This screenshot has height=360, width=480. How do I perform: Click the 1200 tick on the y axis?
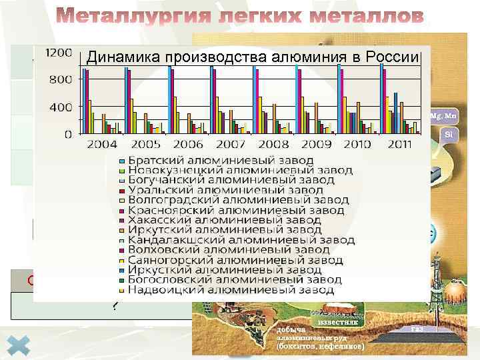58,52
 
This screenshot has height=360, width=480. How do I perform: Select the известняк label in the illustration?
341,322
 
